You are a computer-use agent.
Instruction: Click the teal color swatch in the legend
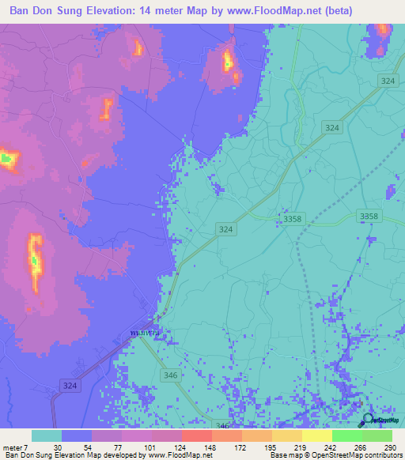pyautogui.click(x=47, y=435)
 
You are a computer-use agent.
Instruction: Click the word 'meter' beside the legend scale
pyautogui.click(x=12, y=447)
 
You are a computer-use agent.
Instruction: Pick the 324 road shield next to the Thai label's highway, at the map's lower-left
pyautogui.click(x=70, y=384)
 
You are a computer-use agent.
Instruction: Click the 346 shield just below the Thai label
pyautogui.click(x=169, y=375)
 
